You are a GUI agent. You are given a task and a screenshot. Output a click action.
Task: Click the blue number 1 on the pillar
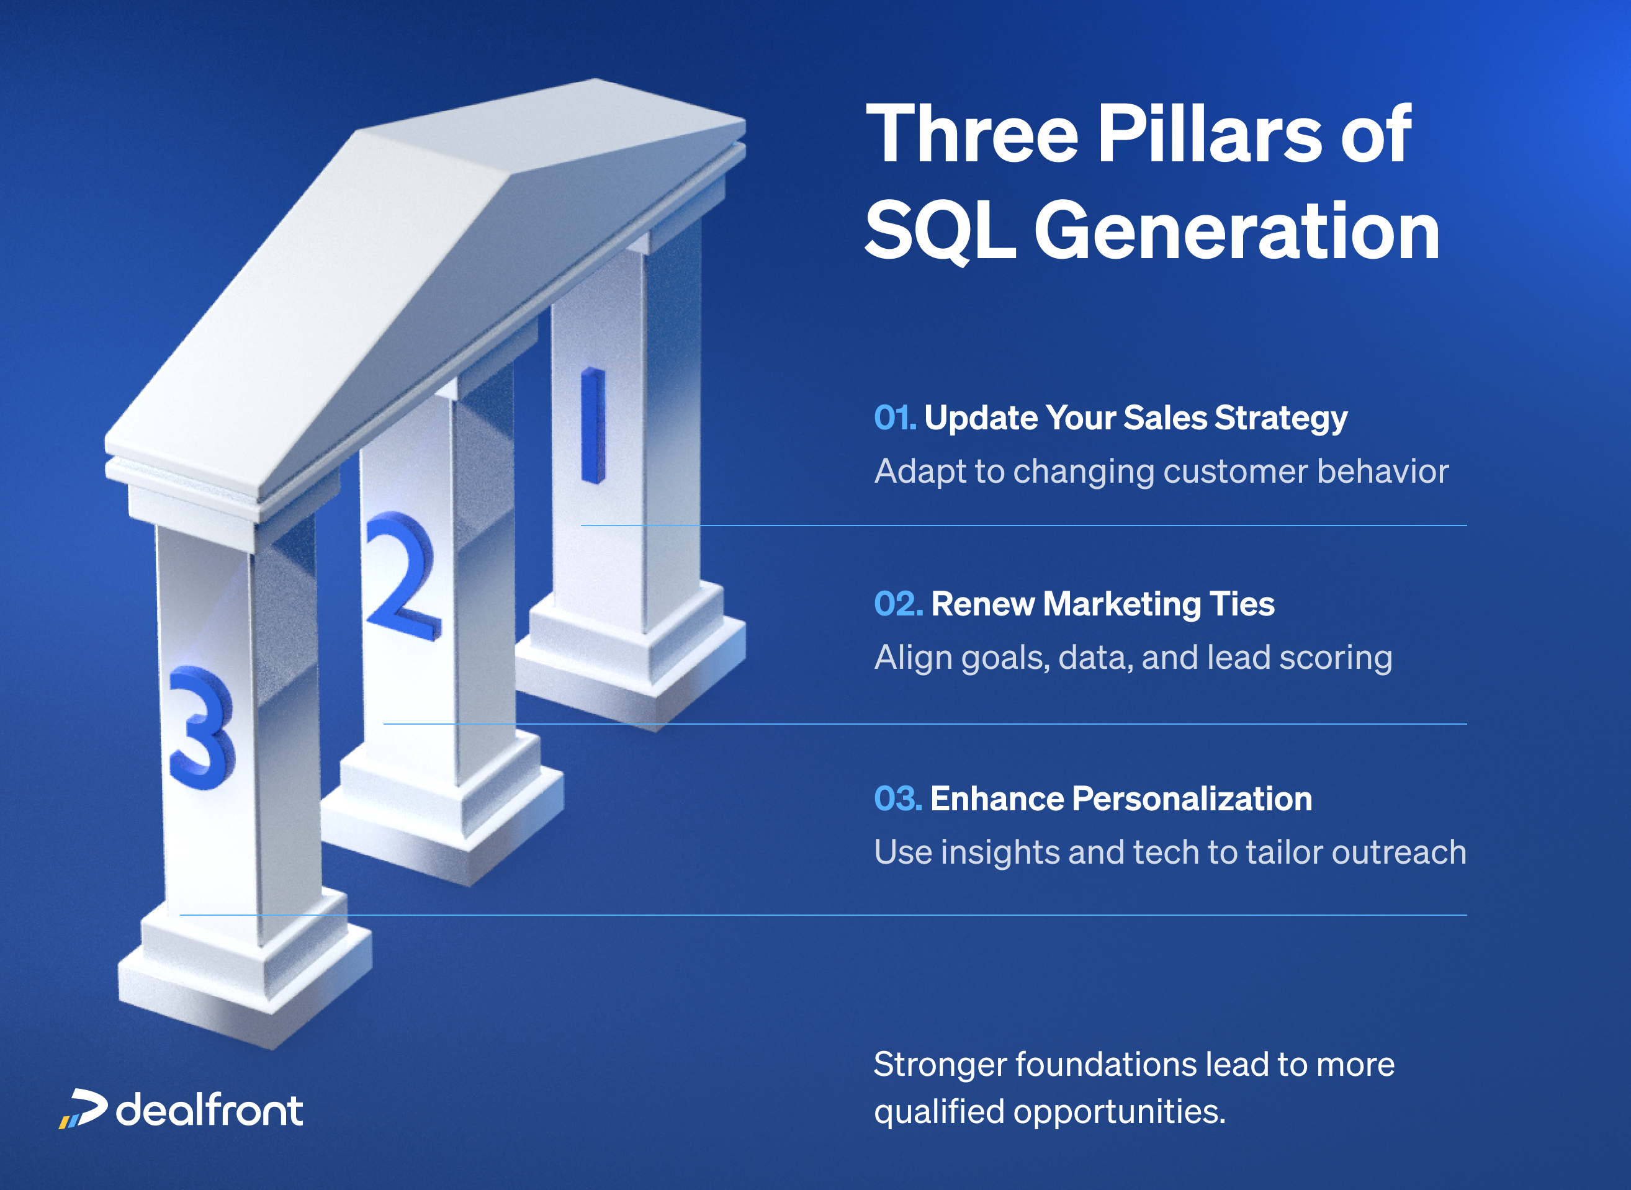(592, 426)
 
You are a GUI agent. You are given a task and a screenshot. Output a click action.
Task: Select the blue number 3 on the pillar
(201, 728)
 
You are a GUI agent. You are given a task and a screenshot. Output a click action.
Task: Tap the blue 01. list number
(894, 418)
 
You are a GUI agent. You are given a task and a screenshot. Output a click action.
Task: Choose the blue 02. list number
(897, 604)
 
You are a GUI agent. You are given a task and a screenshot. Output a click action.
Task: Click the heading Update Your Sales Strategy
(1135, 418)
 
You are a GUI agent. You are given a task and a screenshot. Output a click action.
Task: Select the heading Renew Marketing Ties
(1102, 604)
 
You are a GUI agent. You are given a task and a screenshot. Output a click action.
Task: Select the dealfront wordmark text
(210, 1109)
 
